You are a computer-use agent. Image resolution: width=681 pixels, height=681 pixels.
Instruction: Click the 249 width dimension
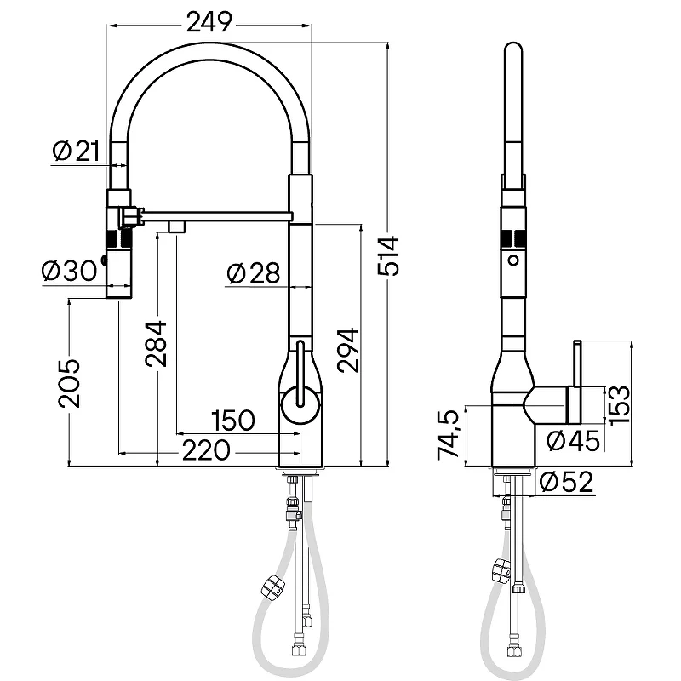point(209,22)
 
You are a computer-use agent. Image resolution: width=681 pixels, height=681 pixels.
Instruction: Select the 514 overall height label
point(388,255)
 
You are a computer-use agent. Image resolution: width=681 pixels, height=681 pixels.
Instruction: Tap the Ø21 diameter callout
point(77,151)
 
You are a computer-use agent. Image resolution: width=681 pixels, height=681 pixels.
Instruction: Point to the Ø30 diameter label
point(70,271)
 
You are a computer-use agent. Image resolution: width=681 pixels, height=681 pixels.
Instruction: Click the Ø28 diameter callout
point(254,273)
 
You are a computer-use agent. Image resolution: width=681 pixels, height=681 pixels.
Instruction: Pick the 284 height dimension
point(157,344)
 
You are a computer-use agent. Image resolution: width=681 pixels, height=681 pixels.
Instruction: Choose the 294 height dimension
point(348,350)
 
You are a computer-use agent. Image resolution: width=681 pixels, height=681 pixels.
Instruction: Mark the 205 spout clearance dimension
point(70,384)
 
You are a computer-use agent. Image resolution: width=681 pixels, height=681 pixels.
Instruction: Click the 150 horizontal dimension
point(233,421)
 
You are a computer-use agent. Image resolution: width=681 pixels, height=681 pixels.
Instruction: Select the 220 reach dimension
point(206,450)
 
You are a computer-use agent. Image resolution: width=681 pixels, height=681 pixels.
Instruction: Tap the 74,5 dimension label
point(449,435)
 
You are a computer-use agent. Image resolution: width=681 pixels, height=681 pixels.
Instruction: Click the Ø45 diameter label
point(573,441)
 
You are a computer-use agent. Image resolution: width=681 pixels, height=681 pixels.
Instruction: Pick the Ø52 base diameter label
point(566,482)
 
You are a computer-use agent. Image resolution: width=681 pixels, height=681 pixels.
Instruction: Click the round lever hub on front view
point(300,405)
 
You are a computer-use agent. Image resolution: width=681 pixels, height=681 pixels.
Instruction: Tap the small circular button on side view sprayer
point(514,260)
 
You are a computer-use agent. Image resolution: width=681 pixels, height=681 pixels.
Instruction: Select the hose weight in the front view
point(274,587)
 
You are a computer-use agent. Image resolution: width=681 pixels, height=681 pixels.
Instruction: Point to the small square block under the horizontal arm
point(178,226)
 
